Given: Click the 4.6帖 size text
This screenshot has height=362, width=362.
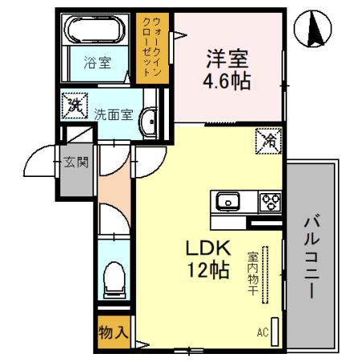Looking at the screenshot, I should (225, 80).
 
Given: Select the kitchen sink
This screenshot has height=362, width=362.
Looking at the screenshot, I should (225, 201).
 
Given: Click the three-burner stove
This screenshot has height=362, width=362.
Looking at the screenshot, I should (268, 201).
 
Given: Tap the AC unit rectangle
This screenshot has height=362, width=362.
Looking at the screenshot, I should (275, 330).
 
